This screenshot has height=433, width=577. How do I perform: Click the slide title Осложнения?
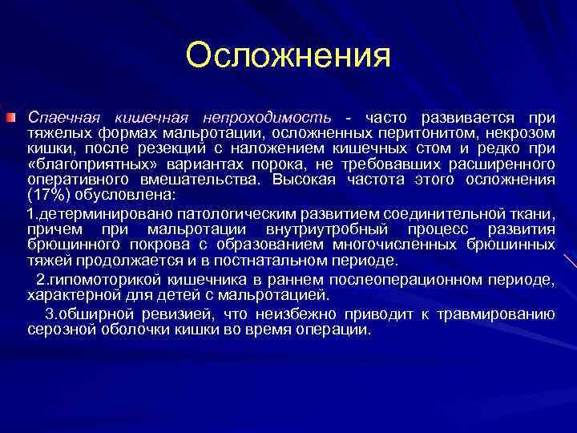(288, 56)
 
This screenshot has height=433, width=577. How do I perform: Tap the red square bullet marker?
(10, 119)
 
